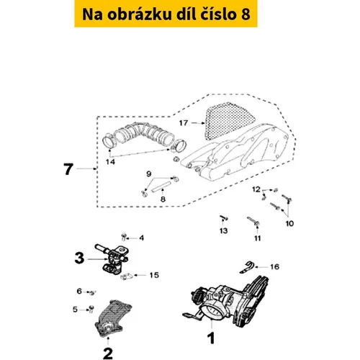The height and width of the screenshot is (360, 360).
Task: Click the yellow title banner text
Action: [166, 14]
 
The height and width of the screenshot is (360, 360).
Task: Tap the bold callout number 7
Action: [68, 169]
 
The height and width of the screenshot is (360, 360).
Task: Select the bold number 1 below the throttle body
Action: [211, 338]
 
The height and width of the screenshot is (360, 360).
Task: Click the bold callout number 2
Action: [108, 354]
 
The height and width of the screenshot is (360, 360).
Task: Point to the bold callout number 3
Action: [79, 258]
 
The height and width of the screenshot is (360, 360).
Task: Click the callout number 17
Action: [184, 123]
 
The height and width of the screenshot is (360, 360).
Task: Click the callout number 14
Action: [110, 162]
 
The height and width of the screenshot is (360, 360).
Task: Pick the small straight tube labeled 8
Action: [161, 186]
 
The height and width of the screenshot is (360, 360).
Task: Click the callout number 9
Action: [149, 174]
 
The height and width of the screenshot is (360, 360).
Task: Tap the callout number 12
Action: [256, 189]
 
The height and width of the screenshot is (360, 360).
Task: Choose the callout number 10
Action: [289, 223]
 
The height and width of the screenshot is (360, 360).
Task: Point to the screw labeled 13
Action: [224, 218]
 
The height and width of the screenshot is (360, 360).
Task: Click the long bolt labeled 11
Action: [253, 221]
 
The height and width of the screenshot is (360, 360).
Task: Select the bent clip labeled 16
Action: [247, 267]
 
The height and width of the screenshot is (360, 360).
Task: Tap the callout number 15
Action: [154, 275]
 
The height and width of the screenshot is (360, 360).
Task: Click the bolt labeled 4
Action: [124, 236]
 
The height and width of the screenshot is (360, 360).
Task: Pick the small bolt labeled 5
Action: [91, 309]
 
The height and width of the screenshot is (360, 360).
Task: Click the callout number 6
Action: [79, 291]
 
